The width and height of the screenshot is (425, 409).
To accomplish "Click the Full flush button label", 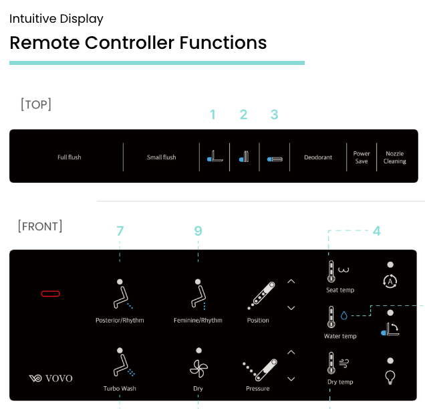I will [x=69, y=157].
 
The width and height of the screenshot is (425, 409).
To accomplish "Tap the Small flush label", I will [x=162, y=157].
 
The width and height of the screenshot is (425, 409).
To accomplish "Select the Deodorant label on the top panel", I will [x=318, y=157].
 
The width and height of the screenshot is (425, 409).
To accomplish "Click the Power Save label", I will [x=362, y=157].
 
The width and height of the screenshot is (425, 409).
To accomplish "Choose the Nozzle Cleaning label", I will [x=395, y=157].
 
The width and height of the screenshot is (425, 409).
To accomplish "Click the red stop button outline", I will [x=51, y=293].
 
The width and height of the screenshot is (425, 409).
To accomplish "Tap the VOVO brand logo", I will [x=51, y=378].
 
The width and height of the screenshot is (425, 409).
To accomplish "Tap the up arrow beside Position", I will [x=291, y=281].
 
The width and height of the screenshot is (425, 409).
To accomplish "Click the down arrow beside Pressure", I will [x=291, y=379].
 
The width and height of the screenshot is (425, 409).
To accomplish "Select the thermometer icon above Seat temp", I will [x=331, y=271].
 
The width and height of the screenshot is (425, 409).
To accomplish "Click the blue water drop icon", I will [x=344, y=315].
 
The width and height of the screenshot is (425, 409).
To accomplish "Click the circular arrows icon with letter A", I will [x=390, y=282].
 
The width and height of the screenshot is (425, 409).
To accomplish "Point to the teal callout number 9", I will [x=198, y=231].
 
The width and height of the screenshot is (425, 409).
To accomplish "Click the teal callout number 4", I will [x=377, y=231].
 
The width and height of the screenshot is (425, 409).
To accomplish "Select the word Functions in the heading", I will [x=223, y=43].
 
